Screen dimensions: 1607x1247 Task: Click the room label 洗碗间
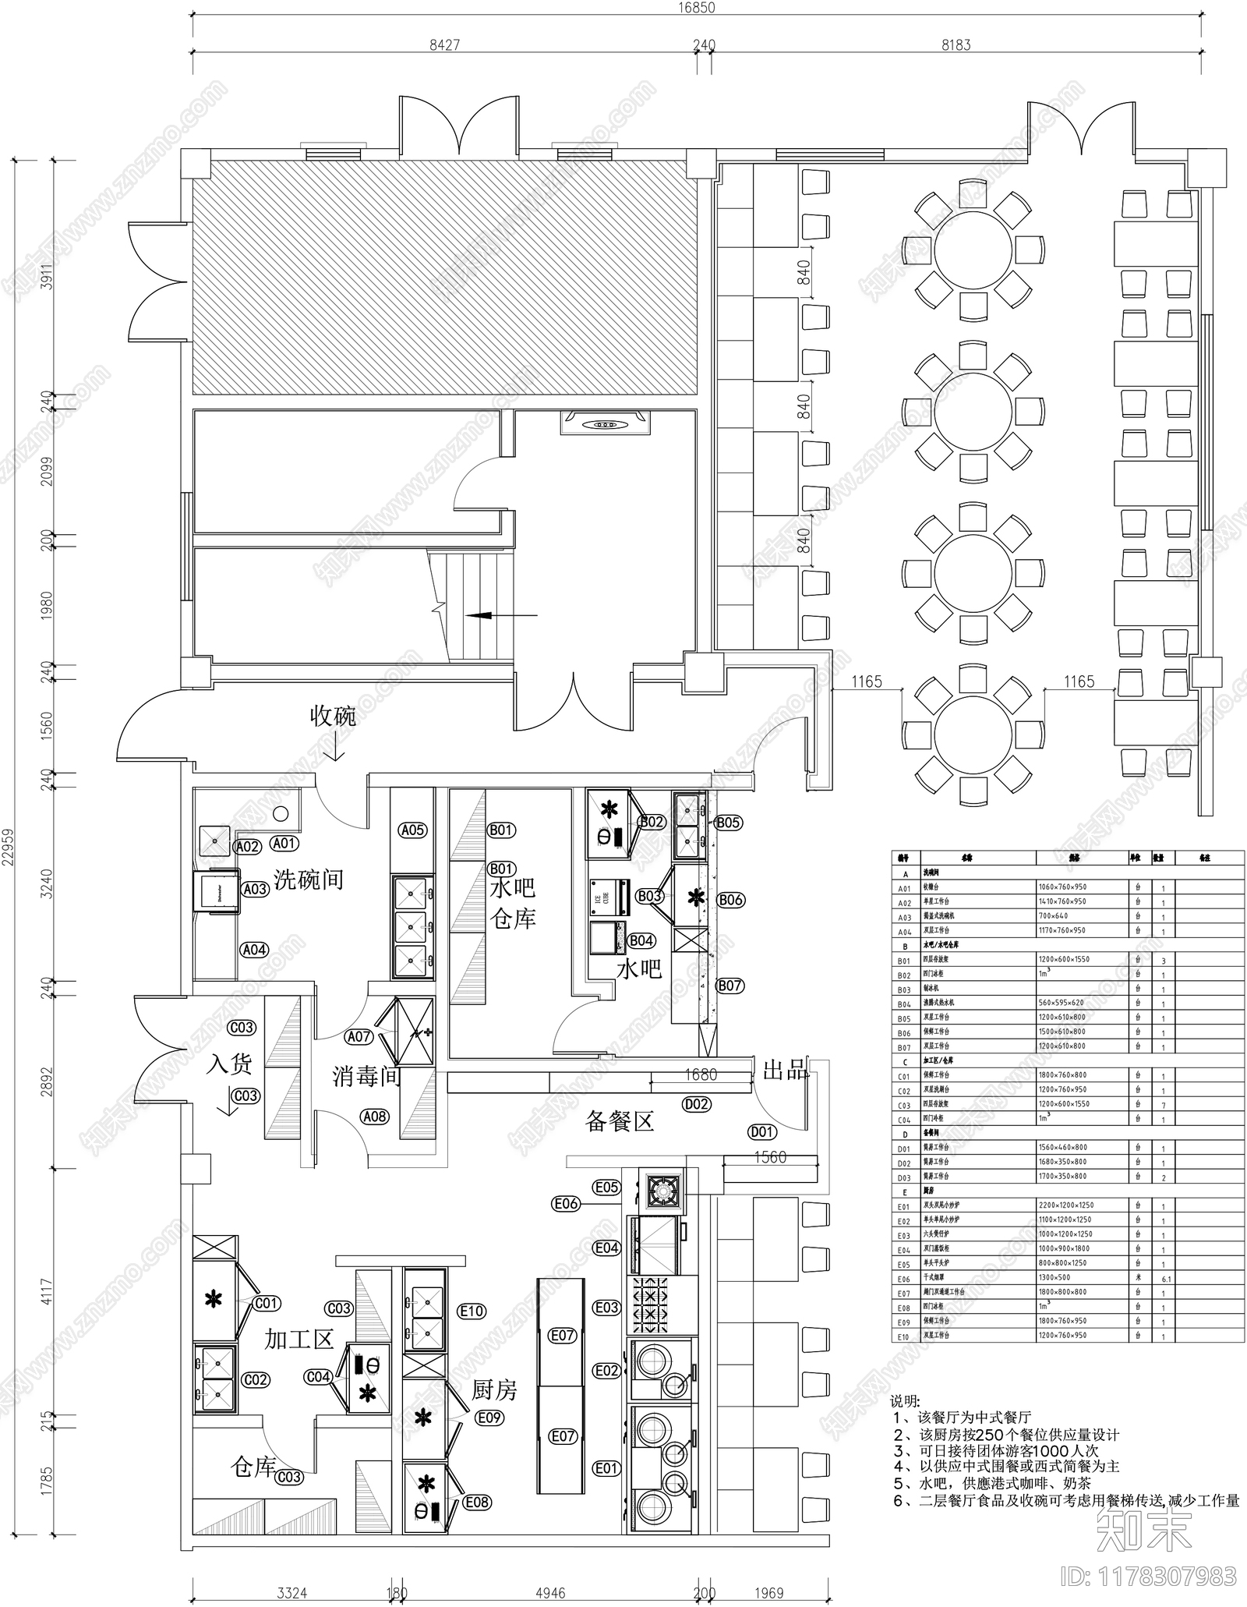(x=309, y=880)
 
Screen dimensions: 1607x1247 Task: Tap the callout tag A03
(x=255, y=889)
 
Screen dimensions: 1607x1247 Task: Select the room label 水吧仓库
(x=512, y=904)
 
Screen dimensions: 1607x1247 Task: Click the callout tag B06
(x=730, y=900)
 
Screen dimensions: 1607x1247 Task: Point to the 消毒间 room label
(x=366, y=1077)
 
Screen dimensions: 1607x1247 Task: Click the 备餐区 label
(x=620, y=1121)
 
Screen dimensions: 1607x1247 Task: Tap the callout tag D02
(x=696, y=1104)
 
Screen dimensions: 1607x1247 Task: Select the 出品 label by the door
(x=785, y=1071)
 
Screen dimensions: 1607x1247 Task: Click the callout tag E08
(x=477, y=1502)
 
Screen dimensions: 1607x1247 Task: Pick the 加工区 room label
(x=299, y=1340)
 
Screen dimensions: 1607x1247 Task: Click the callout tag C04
(x=318, y=1377)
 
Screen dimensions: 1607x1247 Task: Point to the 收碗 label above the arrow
(x=333, y=716)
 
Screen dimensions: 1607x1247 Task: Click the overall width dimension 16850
(x=695, y=8)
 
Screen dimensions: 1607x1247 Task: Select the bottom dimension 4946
(x=550, y=1593)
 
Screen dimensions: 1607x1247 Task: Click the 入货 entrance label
(x=229, y=1064)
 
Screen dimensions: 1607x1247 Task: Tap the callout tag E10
(x=472, y=1311)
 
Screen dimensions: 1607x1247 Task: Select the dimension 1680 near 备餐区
(x=700, y=1075)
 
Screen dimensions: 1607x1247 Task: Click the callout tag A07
(x=359, y=1037)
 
